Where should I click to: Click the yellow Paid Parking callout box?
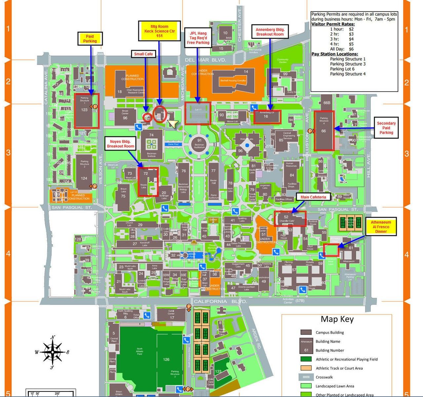coord(90,39)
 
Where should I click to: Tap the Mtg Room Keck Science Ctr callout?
coord(159,31)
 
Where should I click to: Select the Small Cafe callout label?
coord(143,54)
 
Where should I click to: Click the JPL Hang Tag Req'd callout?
coord(198,38)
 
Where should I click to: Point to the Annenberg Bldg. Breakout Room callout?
coord(270,32)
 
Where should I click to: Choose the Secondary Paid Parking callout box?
coord(386,128)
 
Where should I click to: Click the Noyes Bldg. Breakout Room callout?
coord(121,144)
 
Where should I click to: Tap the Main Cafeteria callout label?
coord(313,197)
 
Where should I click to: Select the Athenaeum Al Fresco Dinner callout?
coord(381,227)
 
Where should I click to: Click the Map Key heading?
coord(337,319)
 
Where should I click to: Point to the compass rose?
coord(52,352)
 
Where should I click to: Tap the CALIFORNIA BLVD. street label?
coord(220,302)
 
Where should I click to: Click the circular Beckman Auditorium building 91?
coord(199,143)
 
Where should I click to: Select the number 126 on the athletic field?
coord(166,359)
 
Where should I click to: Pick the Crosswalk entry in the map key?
coord(324,377)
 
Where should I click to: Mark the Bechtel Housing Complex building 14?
coord(233,81)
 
